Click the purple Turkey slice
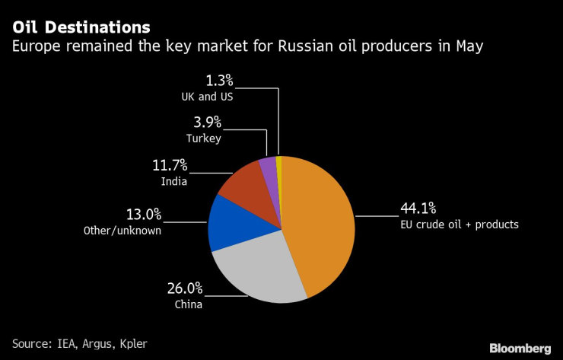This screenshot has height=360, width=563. [x=268, y=169]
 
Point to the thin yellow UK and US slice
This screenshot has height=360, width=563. [x=279, y=164]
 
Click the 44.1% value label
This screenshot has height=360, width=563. [x=419, y=208]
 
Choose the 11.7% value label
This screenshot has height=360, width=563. [x=168, y=164]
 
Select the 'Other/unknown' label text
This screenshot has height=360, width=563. [x=122, y=230]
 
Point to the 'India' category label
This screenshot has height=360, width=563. [x=173, y=180]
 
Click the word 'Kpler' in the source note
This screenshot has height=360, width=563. [x=130, y=344]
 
